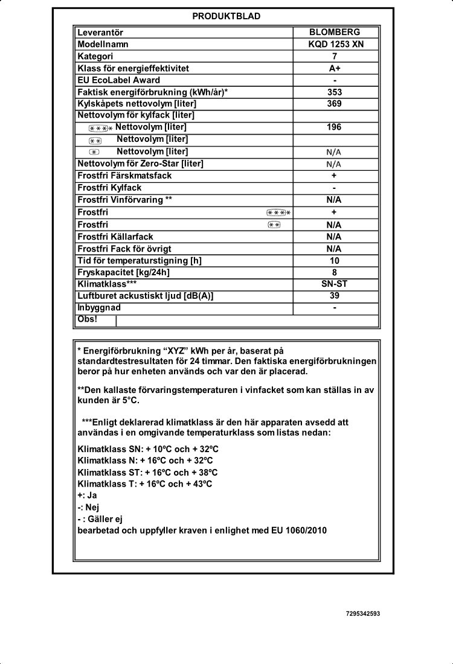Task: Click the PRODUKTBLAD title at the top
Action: [x=226, y=16]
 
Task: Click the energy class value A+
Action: [x=335, y=68]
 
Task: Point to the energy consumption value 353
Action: [x=335, y=92]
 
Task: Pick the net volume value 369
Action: [x=335, y=103]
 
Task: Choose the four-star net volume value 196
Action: [x=335, y=127]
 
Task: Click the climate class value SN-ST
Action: [x=335, y=283]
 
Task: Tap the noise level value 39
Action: [x=335, y=295]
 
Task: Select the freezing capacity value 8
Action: [x=335, y=272]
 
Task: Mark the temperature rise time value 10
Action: [x=335, y=261]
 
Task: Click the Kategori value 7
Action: [x=335, y=56]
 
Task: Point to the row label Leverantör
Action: [x=100, y=32]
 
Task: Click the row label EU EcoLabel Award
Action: [x=119, y=80]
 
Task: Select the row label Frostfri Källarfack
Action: [x=115, y=237]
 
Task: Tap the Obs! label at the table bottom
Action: [x=88, y=319]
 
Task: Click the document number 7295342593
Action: [x=364, y=613]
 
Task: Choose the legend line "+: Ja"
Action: [x=88, y=495]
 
